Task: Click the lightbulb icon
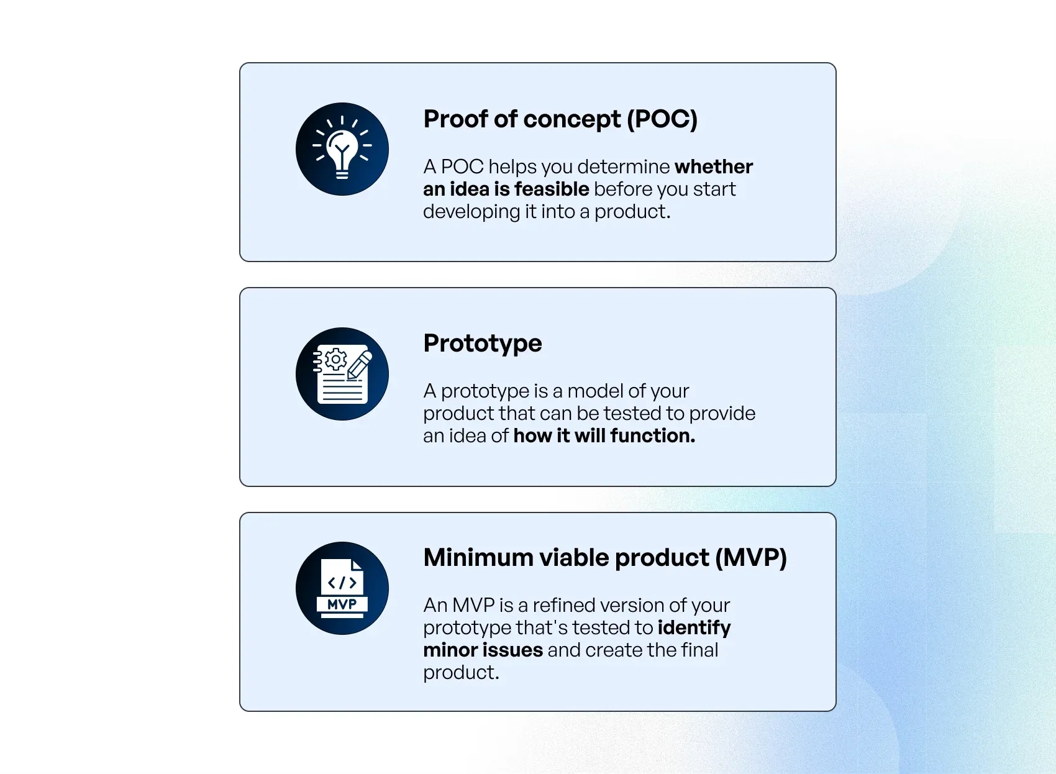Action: pyautogui.click(x=342, y=149)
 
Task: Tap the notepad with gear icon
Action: pyautogui.click(x=342, y=374)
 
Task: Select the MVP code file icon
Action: pyautogui.click(x=342, y=588)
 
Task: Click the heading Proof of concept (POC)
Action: pyautogui.click(x=560, y=119)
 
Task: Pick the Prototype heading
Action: pyautogui.click(x=483, y=344)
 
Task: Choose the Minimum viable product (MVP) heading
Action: pyautogui.click(x=605, y=558)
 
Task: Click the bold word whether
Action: pyautogui.click(x=714, y=166)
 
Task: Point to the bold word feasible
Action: pyautogui.click(x=552, y=189)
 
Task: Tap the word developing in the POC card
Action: pyautogui.click(x=471, y=212)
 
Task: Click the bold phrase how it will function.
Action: pyautogui.click(x=604, y=435)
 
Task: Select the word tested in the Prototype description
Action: pyautogui.click(x=634, y=413)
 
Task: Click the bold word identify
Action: pyautogui.click(x=694, y=629)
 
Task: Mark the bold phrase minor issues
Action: pyautogui.click(x=483, y=650)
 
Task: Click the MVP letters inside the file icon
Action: pyautogui.click(x=342, y=604)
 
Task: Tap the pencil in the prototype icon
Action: pyautogui.click(x=359, y=365)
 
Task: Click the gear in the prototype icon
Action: pyautogui.click(x=335, y=360)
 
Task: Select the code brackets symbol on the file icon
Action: pyautogui.click(x=342, y=583)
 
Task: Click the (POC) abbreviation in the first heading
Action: pyautogui.click(x=662, y=119)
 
